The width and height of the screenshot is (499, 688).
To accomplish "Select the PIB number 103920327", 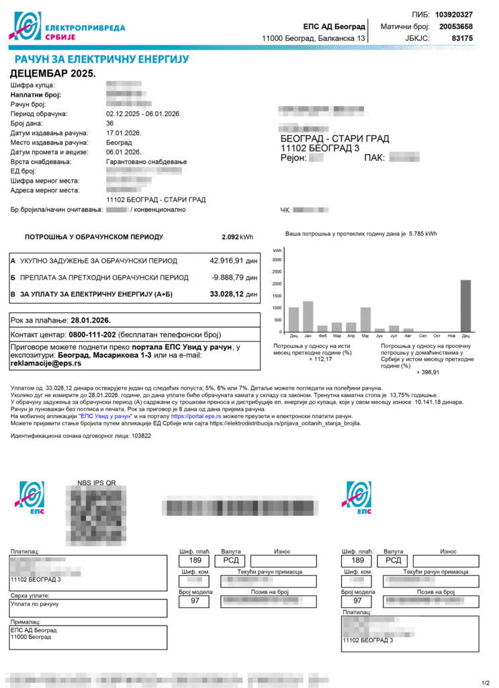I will click(x=454, y=15).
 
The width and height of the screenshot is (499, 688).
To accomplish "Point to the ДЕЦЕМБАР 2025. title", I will click(x=53, y=73).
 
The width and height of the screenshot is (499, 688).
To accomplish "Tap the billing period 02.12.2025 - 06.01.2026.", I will click(x=144, y=114).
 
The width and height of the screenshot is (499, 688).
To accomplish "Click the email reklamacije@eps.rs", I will click(x=46, y=363).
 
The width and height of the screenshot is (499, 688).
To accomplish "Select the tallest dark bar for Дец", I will click(x=465, y=306).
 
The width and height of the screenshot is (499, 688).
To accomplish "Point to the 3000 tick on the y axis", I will click(x=277, y=259).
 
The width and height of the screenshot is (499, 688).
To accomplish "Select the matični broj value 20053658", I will click(x=455, y=27).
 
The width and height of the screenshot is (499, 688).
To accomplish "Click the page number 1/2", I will click(x=486, y=683).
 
